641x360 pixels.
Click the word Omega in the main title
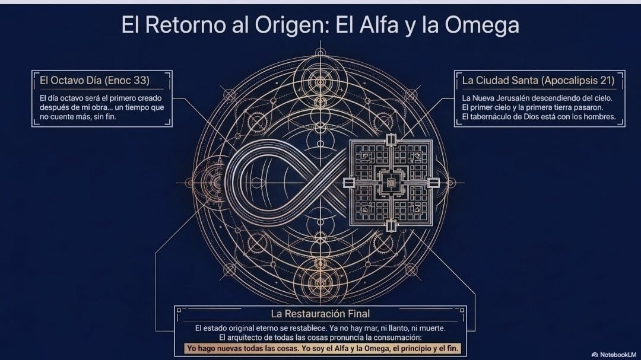click(482, 25)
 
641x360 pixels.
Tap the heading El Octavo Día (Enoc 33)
click(94, 81)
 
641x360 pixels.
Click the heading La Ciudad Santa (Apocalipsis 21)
click(538, 81)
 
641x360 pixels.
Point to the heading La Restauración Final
click(320, 314)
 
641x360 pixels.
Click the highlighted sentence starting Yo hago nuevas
click(323, 349)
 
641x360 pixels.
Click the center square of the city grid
click(391, 183)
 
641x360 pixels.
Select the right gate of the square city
click(434, 183)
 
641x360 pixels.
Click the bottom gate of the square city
click(391, 225)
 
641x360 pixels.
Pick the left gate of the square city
click(349, 183)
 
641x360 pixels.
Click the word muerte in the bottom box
click(433, 328)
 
